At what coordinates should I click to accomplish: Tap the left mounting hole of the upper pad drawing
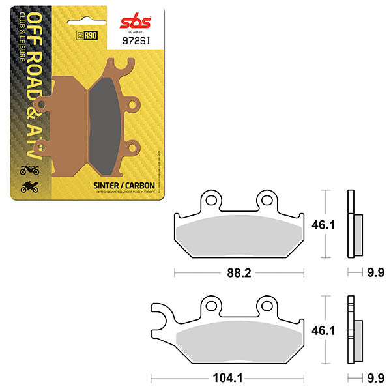(x=210, y=199)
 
